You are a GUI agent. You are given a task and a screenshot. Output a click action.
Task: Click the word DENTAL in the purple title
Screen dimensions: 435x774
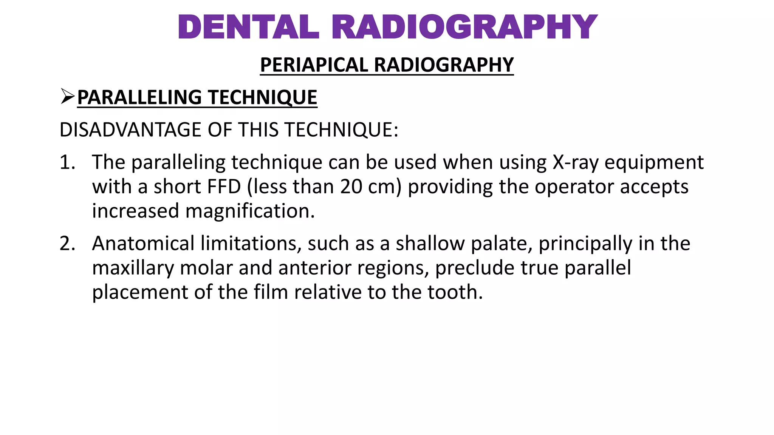click(248, 27)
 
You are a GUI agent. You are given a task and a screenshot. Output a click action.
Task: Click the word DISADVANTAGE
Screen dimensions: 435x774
click(131, 130)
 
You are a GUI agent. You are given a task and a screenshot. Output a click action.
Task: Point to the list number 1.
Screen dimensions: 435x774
click(67, 162)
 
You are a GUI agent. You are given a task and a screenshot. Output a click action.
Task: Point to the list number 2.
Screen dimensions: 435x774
click(67, 244)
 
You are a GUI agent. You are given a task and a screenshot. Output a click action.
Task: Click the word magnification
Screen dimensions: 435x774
click(250, 211)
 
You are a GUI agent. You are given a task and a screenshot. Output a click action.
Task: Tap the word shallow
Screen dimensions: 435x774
click(430, 244)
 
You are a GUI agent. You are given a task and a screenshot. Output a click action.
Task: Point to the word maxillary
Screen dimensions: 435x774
click(133, 268)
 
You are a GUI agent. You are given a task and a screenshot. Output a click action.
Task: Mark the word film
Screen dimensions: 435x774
click(270, 292)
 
